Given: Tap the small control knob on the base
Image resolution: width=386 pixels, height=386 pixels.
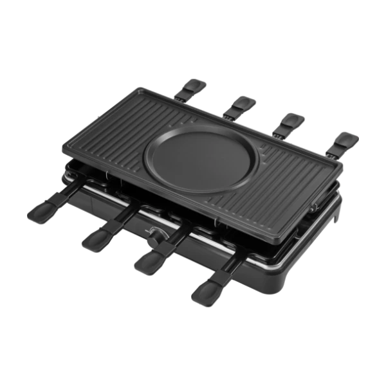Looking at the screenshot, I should [154, 234].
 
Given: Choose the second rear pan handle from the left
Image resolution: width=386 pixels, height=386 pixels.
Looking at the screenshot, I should [242, 103].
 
